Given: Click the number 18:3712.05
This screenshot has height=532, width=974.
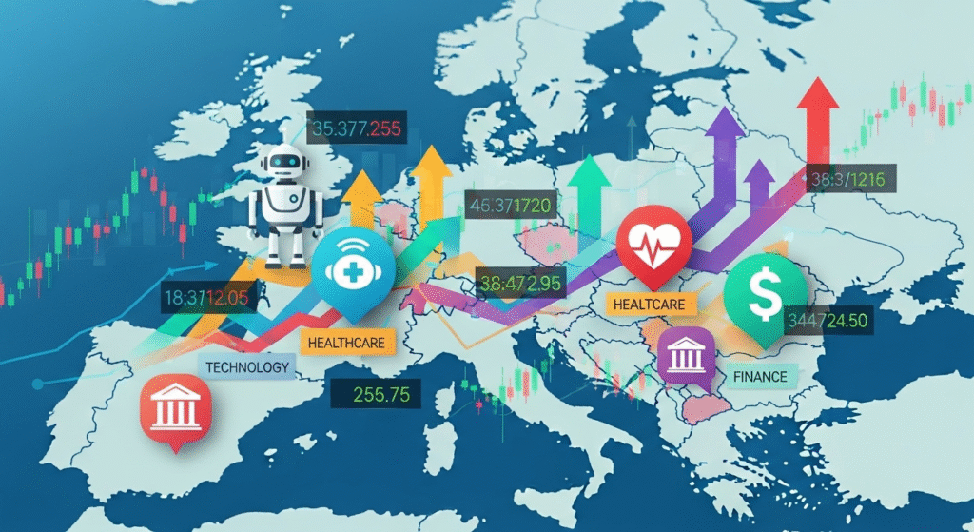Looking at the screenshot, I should click(x=205, y=296).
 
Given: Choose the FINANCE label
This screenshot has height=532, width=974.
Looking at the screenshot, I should click(x=760, y=376).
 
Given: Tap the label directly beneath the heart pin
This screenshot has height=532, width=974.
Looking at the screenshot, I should click(x=652, y=304).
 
